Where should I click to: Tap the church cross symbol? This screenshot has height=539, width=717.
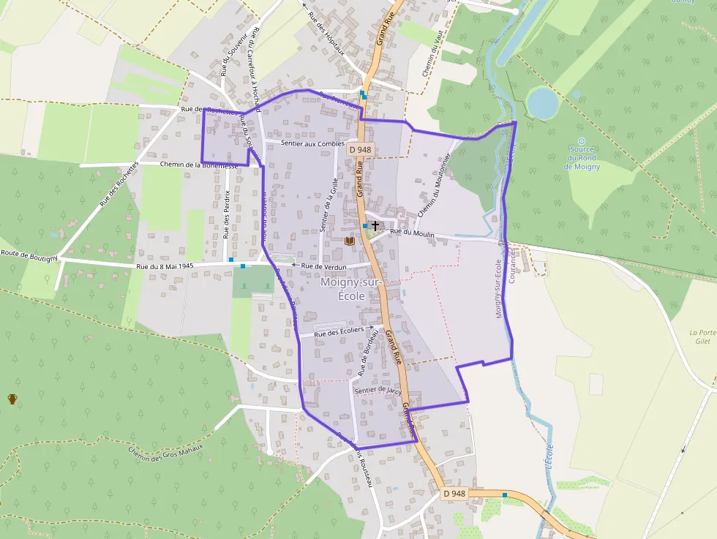pos(375,226)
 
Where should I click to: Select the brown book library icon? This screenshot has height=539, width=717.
pos(350,240)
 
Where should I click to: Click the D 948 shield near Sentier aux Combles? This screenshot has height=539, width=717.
pos(361,149)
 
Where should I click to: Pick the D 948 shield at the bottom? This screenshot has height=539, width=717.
pos(454,494)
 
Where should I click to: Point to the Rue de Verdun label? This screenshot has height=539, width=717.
pos(324,267)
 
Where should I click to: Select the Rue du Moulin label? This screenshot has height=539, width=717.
pos(413,233)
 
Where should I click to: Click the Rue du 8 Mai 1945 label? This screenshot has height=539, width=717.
pos(165,266)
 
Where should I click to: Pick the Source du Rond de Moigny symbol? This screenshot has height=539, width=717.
pos(582,141)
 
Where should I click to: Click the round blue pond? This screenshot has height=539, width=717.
pos(543,102)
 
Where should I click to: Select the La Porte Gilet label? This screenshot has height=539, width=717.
pos(702,337)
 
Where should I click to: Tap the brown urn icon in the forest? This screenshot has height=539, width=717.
pos(12,399)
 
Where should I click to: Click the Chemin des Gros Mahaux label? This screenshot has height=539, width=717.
pos(165,453)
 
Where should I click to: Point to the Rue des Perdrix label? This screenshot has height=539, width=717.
pos(227,214)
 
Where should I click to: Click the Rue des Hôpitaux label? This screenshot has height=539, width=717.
pos(326,33)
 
